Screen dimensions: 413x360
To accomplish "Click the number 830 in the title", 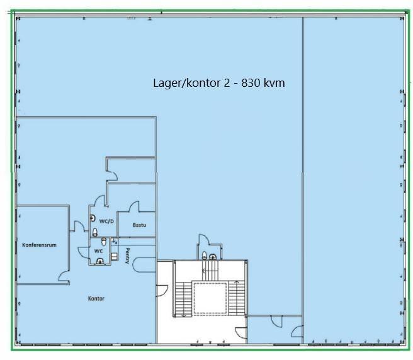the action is [x=251, y=83].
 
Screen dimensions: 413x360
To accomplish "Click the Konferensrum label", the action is [x=39, y=245].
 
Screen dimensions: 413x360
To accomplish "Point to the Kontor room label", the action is [x=96, y=298].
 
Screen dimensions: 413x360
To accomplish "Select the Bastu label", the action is [x=139, y=225].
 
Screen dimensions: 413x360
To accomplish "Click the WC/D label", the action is [x=106, y=221].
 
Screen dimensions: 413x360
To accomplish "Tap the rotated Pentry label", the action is [x=127, y=256].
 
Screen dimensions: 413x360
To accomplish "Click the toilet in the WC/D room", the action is [x=95, y=232].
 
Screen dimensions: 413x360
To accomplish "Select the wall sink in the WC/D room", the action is [x=93, y=218].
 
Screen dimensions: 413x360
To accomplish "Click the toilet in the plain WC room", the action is [x=104, y=242].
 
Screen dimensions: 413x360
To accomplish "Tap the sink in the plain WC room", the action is [x=100, y=261].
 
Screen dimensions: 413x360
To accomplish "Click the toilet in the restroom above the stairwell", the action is [x=205, y=255].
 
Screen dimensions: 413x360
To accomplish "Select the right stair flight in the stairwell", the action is [x=237, y=298].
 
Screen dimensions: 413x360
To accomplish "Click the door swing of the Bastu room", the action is [x=133, y=206].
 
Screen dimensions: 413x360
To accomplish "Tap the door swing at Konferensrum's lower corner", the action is [x=64, y=276].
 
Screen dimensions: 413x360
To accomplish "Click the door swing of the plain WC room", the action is [x=84, y=252].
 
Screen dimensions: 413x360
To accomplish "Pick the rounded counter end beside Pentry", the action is [x=144, y=265].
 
